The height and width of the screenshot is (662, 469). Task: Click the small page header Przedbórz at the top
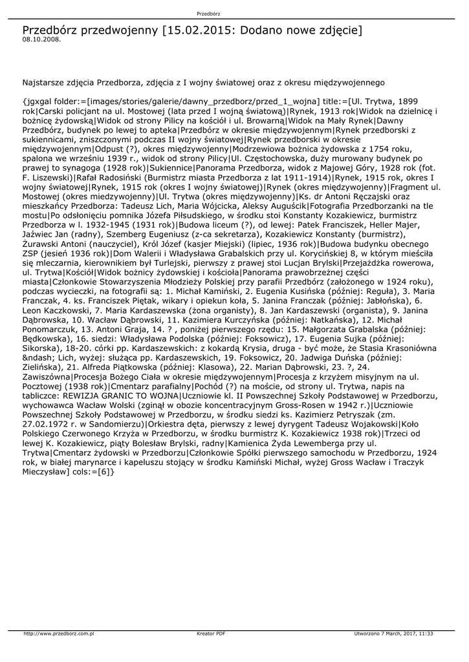click(x=208, y=13)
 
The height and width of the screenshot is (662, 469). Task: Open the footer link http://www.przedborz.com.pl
click(x=59, y=634)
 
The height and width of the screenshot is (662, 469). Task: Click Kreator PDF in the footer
click(x=211, y=634)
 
